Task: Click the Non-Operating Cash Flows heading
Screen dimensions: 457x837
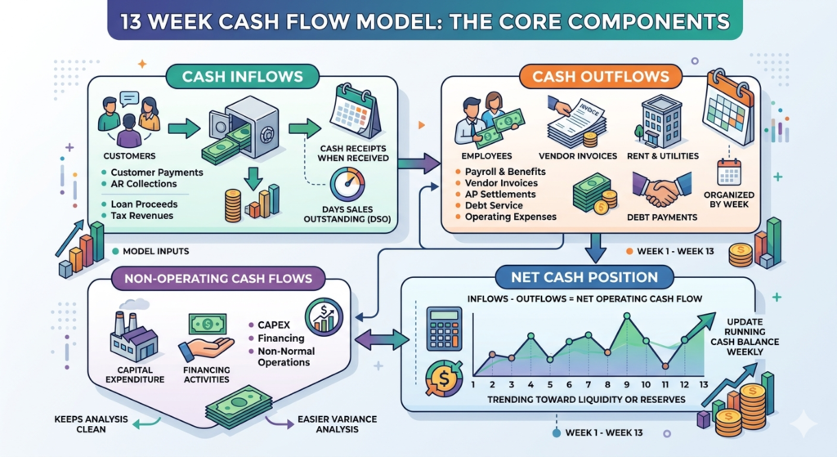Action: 218,278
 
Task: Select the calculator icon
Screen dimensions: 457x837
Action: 444,329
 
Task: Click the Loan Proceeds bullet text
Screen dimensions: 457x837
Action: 142,203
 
